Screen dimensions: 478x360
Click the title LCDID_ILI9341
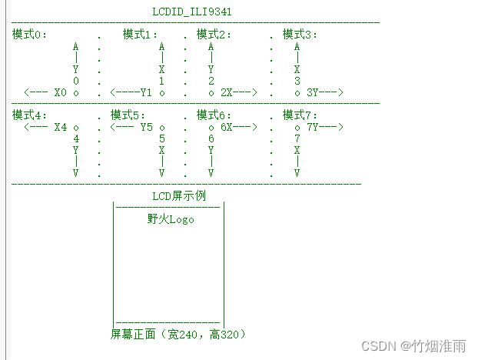192,12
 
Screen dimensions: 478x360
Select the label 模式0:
30,35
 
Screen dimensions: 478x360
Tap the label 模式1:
141,35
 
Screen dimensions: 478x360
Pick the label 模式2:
214,35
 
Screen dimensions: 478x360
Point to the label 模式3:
300,35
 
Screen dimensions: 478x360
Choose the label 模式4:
30,115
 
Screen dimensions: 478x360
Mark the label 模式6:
214,115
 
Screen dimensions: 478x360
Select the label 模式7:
300,115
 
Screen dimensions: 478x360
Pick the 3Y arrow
324,92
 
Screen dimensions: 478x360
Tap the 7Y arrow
324,127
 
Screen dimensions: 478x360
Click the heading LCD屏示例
179,196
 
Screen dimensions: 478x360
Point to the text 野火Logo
171,219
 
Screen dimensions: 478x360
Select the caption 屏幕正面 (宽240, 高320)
178,335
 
